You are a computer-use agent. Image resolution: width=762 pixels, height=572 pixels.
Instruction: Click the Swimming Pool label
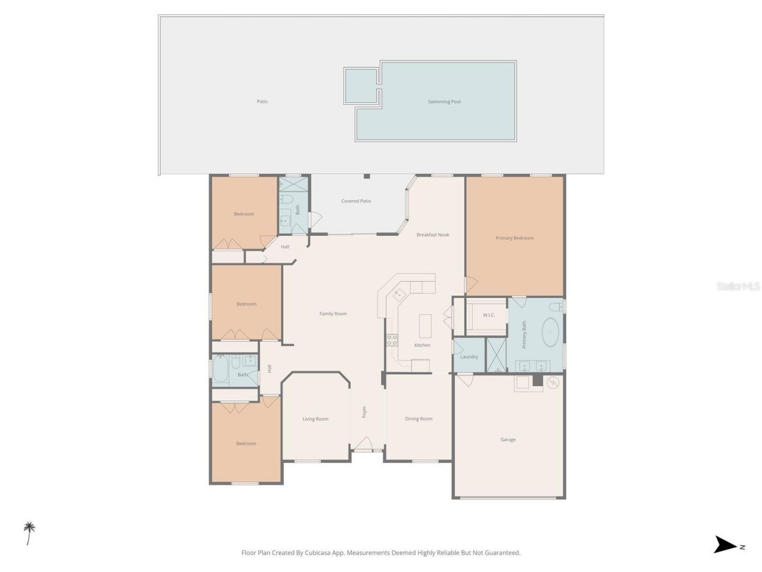[444, 102]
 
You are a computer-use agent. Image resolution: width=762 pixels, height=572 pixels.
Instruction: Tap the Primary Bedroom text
[514, 238]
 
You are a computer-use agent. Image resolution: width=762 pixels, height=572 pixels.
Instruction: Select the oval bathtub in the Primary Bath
[551, 332]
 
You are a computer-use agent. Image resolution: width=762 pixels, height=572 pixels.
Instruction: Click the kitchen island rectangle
[425, 325]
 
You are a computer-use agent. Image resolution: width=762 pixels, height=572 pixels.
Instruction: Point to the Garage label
[508, 440]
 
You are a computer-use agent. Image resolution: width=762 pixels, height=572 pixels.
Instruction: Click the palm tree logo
[29, 533]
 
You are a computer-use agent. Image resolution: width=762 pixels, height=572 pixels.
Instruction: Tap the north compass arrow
[726, 545]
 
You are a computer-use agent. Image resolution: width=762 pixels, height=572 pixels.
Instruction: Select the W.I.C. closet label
[489, 315]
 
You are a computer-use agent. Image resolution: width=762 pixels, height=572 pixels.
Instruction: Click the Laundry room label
[469, 357]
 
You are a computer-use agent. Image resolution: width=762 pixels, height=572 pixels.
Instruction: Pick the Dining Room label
[419, 419]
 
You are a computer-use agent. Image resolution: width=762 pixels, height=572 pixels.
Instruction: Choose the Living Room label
[316, 419]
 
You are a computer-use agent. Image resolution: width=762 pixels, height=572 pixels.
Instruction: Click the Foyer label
[364, 412]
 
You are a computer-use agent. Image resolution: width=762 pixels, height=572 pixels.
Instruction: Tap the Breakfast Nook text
[433, 235]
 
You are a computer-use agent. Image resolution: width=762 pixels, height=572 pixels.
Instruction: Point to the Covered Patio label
[356, 201]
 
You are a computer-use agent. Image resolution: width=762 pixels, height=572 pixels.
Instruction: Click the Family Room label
[333, 314]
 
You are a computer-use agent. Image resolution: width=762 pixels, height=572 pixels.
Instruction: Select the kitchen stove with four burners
[393, 340]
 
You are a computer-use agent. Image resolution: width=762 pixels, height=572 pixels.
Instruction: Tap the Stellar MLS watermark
[738, 287]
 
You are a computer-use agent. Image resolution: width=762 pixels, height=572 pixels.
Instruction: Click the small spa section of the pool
[361, 86]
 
